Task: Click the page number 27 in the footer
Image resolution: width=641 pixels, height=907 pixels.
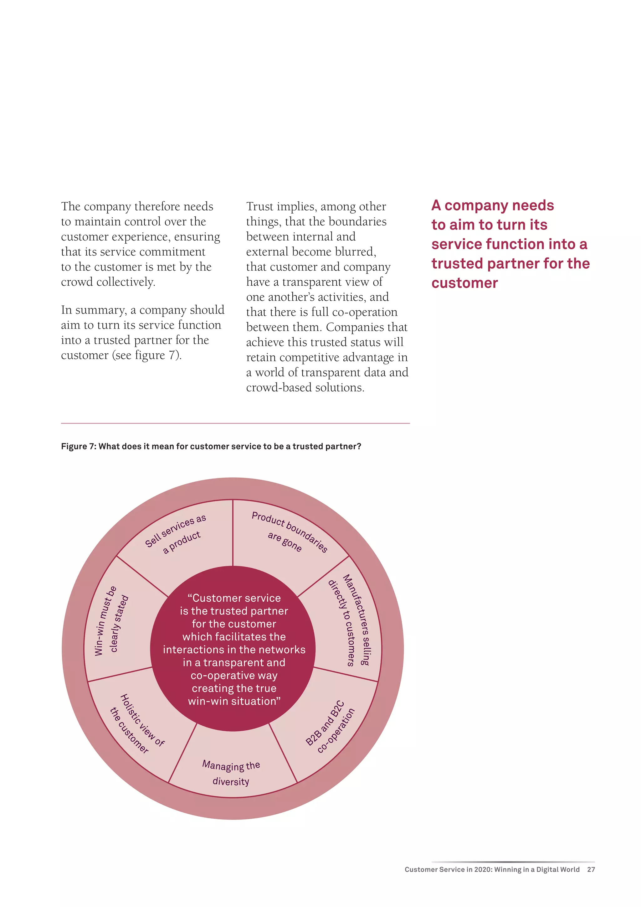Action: (x=591, y=869)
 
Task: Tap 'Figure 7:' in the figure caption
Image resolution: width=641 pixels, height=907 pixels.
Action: (x=79, y=446)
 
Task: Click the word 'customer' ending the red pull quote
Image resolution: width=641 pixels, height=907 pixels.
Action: (x=464, y=283)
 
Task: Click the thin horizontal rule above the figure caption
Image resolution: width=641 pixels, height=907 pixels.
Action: (x=235, y=423)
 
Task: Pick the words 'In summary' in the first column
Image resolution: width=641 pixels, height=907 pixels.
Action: (x=94, y=310)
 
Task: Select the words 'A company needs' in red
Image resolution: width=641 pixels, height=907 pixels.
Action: (x=492, y=205)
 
